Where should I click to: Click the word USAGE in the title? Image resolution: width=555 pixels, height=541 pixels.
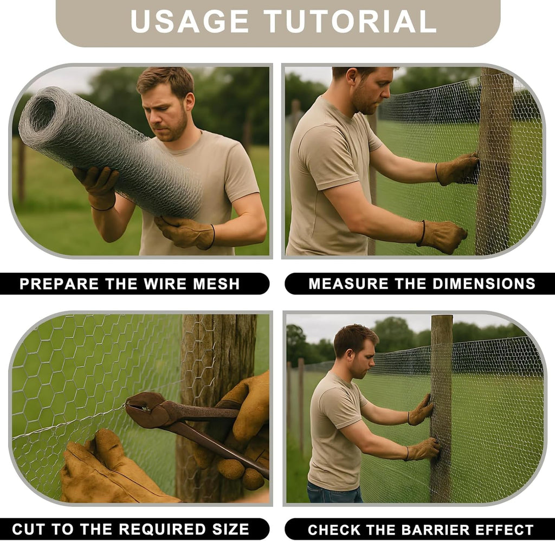[x=190, y=21]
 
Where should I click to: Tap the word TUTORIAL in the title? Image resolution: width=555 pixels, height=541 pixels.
[x=351, y=21]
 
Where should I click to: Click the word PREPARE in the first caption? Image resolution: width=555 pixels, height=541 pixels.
[x=59, y=284]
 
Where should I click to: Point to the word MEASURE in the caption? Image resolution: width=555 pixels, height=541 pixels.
[x=349, y=284]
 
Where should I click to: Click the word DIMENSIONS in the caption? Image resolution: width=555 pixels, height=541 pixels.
[x=483, y=284]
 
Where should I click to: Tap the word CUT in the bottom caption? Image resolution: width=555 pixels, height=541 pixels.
[x=29, y=529]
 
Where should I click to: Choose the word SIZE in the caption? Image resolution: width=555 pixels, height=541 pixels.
[x=230, y=529]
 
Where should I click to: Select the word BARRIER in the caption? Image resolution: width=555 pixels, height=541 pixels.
[x=435, y=530]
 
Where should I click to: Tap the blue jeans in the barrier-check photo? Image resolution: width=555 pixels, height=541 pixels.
[x=334, y=492]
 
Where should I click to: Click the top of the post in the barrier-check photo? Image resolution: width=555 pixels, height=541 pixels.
[x=442, y=317]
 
